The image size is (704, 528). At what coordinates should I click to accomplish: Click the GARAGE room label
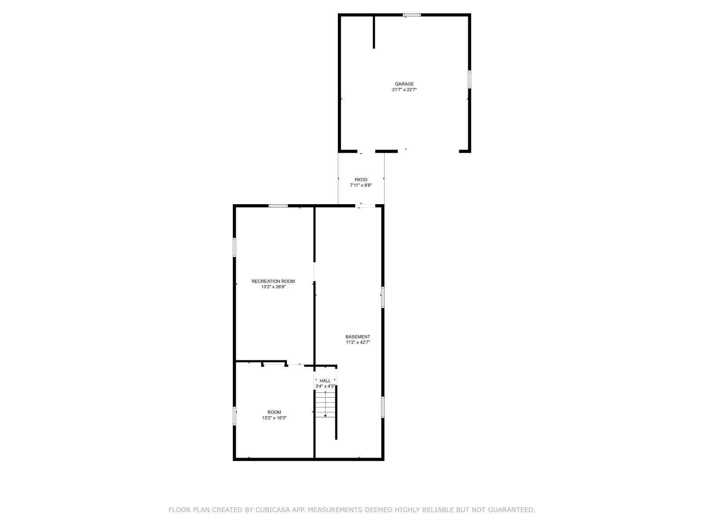[404, 84]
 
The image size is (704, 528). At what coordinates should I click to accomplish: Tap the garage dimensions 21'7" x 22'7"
[404, 90]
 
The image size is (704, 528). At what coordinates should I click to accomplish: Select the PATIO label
[361, 180]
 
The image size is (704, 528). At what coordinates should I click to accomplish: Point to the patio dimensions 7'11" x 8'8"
[361, 185]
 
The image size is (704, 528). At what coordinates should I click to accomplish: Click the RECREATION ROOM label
[273, 282]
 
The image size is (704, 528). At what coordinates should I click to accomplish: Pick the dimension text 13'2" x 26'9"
[273, 287]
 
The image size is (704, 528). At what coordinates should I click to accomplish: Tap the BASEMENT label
[358, 337]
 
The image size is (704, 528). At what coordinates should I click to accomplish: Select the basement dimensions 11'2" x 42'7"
[358, 342]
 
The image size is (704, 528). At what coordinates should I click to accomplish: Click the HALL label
[325, 381]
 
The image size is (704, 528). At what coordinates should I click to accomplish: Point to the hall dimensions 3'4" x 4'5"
[325, 386]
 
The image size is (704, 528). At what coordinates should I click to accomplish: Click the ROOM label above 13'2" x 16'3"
[274, 412]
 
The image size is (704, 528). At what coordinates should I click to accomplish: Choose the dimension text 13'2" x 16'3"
[274, 418]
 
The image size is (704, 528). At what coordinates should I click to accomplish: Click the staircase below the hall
[325, 404]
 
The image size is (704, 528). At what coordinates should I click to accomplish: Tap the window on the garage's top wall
[411, 15]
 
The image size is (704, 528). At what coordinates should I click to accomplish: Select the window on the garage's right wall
[469, 79]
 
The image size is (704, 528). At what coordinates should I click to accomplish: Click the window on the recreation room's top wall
[278, 206]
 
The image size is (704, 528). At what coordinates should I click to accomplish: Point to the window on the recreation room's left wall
[235, 247]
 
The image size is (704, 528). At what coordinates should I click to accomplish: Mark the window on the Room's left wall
[235, 416]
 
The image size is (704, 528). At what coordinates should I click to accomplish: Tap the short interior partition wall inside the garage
[374, 32]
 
